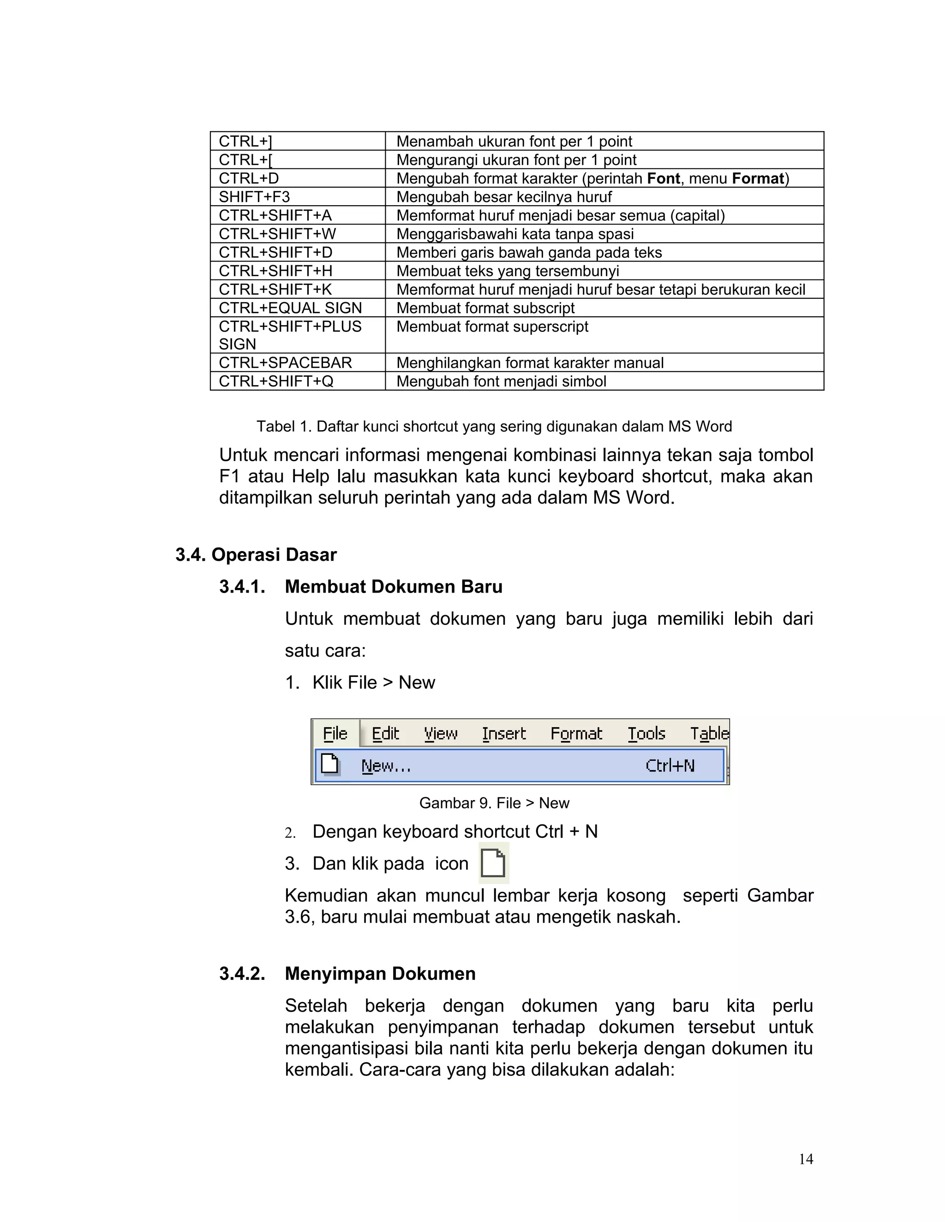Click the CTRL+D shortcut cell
[x=297, y=178]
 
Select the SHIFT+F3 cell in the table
[x=297, y=196]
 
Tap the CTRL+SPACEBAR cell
[x=297, y=362]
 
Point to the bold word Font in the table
[x=663, y=178]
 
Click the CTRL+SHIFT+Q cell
[x=297, y=382]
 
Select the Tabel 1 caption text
[x=494, y=427]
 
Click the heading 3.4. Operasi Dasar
[x=256, y=554]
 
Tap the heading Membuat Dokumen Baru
[x=393, y=587]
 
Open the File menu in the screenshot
[x=335, y=733]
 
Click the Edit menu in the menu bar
[x=385, y=733]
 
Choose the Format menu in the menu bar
[x=575, y=733]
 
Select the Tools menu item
[x=646, y=733]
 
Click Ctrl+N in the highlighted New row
[x=670, y=765]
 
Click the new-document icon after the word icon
[x=493, y=863]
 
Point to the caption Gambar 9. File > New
[x=494, y=803]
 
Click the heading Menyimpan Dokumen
[x=380, y=973]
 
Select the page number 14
[x=806, y=1159]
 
